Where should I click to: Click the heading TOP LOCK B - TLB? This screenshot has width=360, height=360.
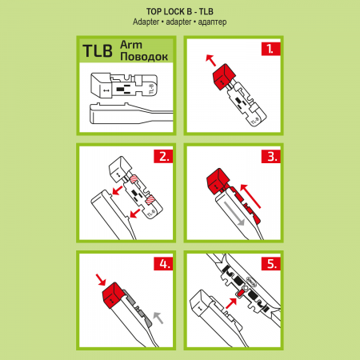click(180, 11)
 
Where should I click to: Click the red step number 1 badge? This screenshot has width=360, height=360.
click(270, 49)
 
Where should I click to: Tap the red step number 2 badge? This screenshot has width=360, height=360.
click(163, 156)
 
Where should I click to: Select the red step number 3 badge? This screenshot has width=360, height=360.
click(270, 156)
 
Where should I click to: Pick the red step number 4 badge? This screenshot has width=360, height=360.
click(163, 264)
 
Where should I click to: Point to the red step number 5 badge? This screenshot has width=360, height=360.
click(270, 264)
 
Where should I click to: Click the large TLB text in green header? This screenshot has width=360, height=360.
click(98, 51)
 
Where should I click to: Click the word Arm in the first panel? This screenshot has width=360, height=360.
click(131, 45)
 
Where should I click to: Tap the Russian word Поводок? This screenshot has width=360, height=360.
click(144, 57)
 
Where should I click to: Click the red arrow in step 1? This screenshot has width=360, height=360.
click(210, 60)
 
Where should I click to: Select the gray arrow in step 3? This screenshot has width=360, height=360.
click(234, 214)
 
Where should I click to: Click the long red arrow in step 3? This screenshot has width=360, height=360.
click(250, 196)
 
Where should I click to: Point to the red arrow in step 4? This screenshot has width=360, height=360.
click(101, 279)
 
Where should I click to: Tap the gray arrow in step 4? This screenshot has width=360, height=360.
click(158, 318)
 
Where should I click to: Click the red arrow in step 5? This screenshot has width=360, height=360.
click(231, 303)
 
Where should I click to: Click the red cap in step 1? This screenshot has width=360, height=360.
click(224, 77)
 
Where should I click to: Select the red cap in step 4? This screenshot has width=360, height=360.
click(113, 295)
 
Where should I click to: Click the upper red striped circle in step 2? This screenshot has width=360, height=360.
click(134, 178)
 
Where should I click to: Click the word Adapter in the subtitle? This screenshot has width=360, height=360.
click(146, 22)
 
